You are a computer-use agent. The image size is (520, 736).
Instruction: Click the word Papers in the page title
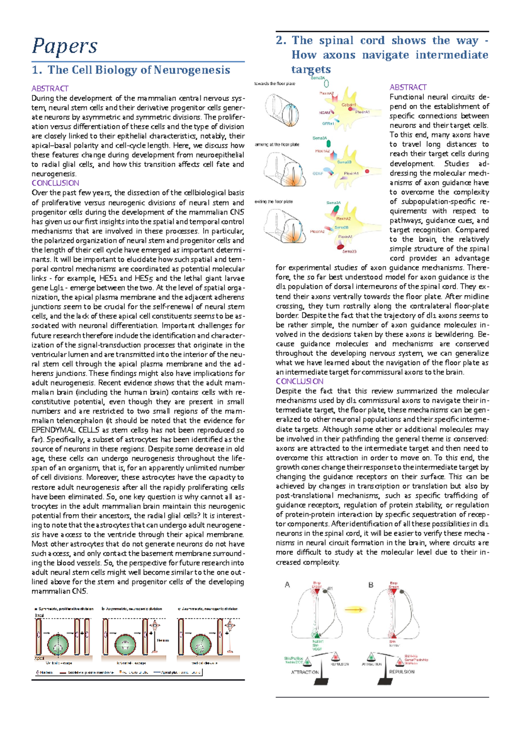(65, 46)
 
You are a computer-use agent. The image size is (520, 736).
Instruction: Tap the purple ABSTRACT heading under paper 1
(50, 88)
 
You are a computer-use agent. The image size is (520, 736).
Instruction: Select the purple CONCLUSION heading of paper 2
(299, 381)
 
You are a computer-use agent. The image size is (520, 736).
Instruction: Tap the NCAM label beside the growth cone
(325, 113)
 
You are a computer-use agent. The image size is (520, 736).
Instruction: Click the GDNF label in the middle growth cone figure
(318, 173)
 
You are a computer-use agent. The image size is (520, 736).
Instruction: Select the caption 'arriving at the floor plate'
(277, 144)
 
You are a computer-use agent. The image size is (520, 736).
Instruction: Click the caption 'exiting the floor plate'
(274, 202)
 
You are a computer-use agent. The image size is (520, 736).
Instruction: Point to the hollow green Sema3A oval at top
(326, 83)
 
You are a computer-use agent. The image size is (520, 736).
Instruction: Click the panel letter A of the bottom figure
(287, 585)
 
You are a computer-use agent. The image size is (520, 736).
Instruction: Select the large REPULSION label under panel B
(402, 671)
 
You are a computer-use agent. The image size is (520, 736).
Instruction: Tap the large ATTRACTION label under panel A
(305, 672)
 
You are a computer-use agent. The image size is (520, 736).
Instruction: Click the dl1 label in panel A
(330, 589)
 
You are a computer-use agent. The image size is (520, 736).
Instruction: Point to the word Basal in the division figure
(39, 616)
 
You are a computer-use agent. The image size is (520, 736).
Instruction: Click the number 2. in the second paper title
(281, 41)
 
